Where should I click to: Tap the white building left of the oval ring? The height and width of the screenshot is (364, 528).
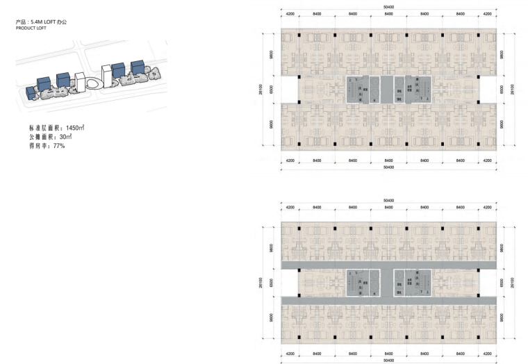(x=79, y=81)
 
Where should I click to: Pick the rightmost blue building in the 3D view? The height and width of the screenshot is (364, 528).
(x=136, y=67)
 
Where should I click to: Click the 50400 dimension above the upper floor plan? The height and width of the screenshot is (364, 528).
(x=388, y=8)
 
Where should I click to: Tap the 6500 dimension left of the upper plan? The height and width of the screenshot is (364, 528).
(x=270, y=90)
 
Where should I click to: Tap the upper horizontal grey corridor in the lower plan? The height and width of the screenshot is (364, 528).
(x=388, y=266)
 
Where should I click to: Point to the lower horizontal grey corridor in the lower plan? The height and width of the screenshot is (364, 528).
(x=388, y=299)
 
